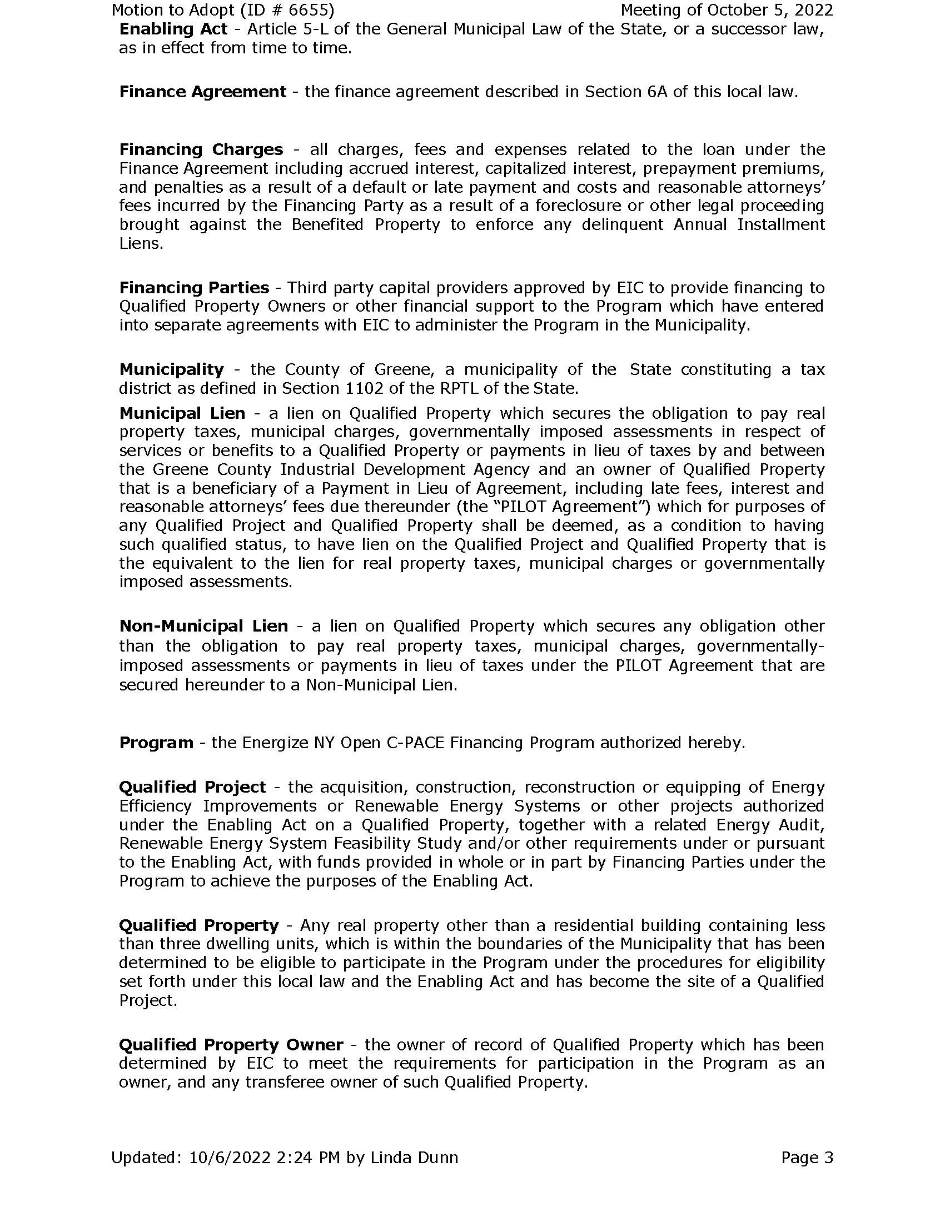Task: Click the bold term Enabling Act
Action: click(x=173, y=29)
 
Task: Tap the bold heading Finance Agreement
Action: click(x=203, y=92)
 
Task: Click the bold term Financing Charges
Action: click(x=201, y=149)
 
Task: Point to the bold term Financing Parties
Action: click(x=194, y=288)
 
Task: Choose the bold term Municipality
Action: click(x=171, y=369)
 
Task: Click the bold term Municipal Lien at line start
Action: click(x=182, y=413)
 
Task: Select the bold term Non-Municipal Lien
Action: click(x=204, y=625)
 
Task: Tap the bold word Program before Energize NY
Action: click(x=156, y=743)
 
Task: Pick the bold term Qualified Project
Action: click(x=192, y=787)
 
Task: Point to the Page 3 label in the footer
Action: click(x=807, y=1157)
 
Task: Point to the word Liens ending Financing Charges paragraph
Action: click(x=141, y=244)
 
